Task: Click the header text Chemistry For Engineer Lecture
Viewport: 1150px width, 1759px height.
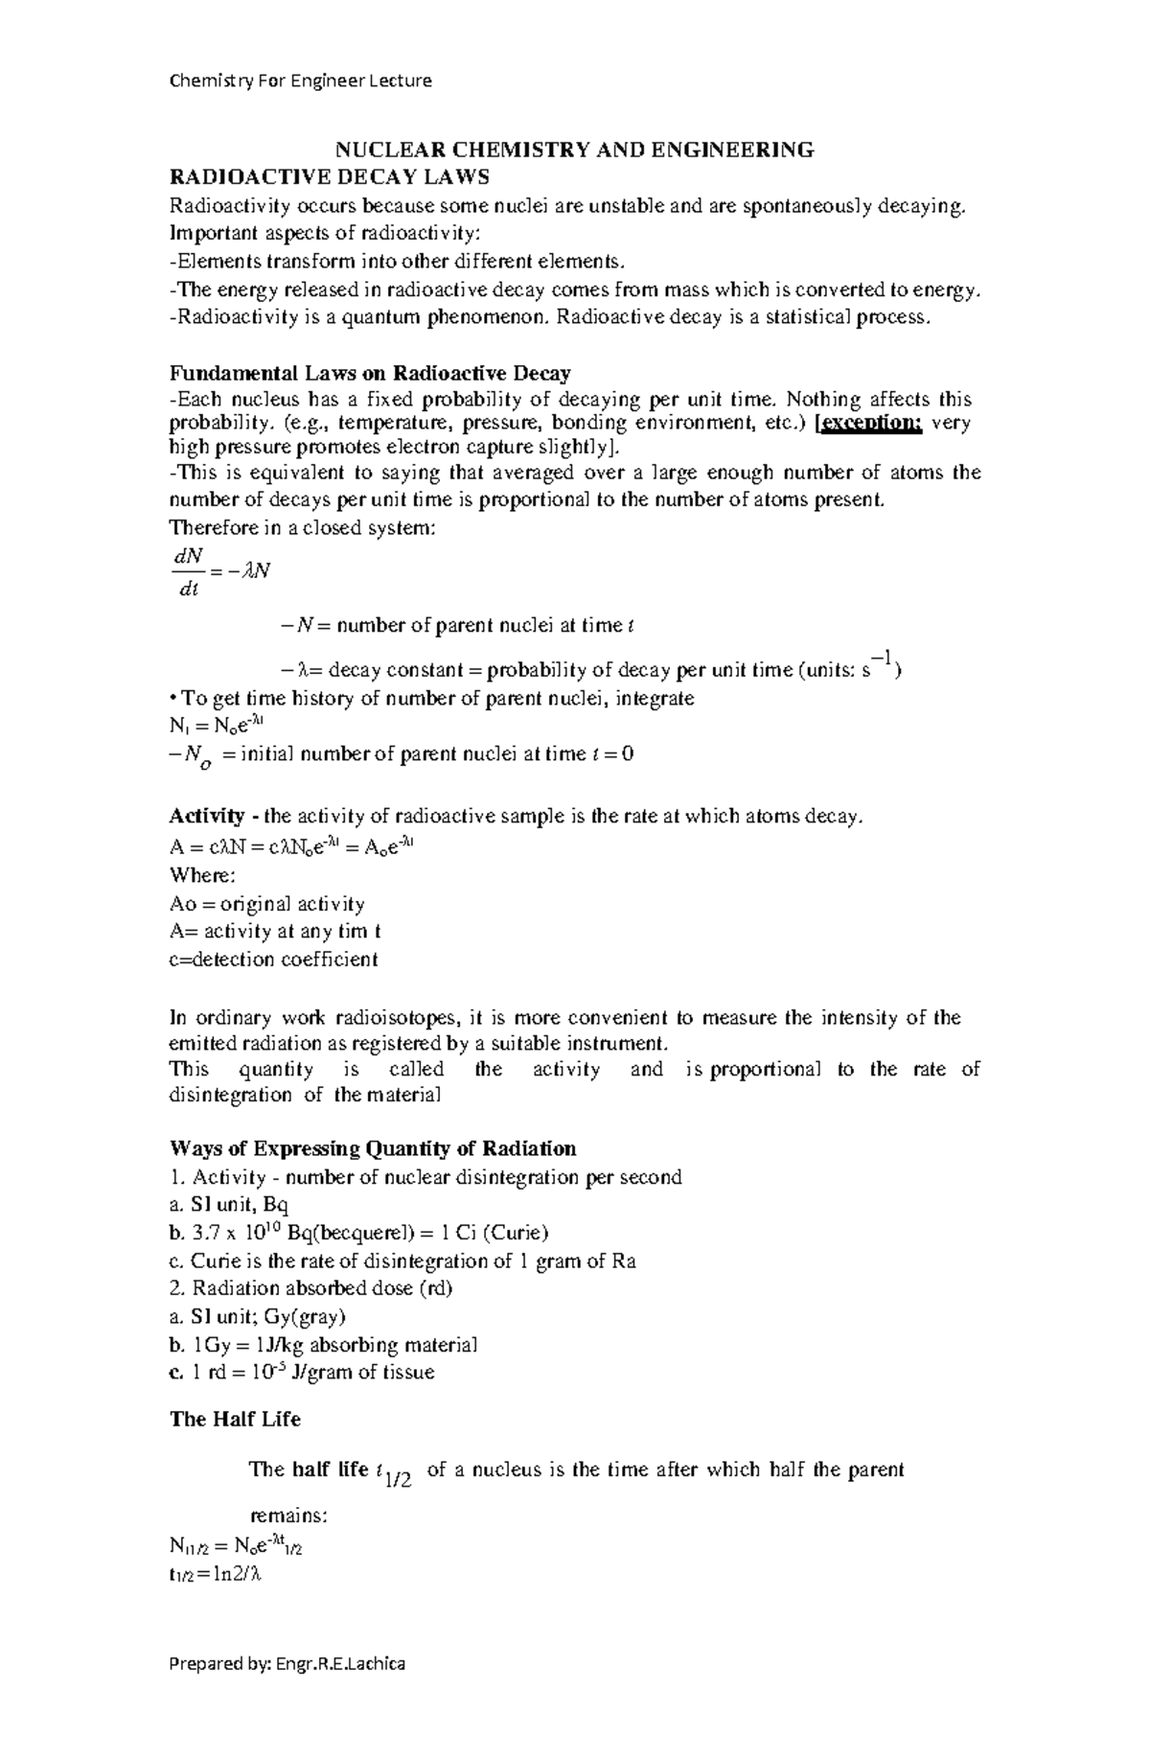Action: [300, 81]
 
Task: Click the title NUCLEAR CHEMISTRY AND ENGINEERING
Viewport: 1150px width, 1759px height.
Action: [573, 150]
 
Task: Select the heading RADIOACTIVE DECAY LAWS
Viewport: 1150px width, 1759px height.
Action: [329, 177]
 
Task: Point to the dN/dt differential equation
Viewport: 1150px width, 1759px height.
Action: [219, 571]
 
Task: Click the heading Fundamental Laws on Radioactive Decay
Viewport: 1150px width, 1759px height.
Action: [370, 373]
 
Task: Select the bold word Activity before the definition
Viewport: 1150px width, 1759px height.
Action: [206, 816]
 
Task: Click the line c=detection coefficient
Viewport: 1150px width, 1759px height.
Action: [273, 960]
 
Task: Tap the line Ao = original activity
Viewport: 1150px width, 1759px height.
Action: [266, 904]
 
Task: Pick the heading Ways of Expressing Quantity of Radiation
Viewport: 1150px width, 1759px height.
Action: [373, 1148]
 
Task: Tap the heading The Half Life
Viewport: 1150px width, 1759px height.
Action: [235, 1419]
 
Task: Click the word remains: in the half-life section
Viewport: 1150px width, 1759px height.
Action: [288, 1516]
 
